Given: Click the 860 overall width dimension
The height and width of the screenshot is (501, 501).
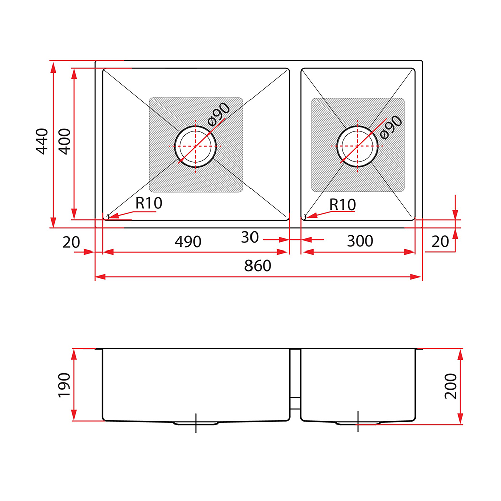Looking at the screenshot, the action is click(x=258, y=266).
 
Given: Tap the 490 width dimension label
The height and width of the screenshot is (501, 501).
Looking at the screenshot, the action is click(x=188, y=242).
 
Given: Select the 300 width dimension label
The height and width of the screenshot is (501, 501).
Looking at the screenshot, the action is click(x=360, y=241).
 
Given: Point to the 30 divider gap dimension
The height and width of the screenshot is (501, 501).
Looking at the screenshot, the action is click(x=250, y=237).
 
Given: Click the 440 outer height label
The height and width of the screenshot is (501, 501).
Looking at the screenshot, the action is click(x=42, y=142).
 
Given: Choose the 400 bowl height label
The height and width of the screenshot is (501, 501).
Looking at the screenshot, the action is click(x=65, y=142).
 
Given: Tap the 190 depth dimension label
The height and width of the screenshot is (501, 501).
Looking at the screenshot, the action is click(x=64, y=385).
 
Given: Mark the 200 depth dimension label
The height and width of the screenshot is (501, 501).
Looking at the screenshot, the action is click(x=451, y=386).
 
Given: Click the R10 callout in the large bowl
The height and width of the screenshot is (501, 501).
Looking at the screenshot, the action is click(x=149, y=203).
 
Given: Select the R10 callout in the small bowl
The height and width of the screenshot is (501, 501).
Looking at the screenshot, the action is click(x=342, y=205).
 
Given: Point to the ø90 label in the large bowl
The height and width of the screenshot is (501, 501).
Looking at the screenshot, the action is click(x=219, y=114).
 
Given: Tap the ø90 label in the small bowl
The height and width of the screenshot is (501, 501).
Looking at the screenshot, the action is click(x=391, y=127).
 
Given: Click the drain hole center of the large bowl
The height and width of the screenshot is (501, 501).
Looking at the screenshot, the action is click(x=195, y=146).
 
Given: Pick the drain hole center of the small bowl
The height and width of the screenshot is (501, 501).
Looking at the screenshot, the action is click(x=357, y=146).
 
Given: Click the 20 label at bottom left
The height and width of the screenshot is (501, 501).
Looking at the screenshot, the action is click(x=71, y=242).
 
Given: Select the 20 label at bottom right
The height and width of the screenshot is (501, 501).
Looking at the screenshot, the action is click(x=440, y=242).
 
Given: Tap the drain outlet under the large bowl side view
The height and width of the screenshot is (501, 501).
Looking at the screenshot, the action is click(x=196, y=423).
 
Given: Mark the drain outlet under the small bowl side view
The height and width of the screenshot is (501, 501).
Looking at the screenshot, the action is click(x=358, y=423).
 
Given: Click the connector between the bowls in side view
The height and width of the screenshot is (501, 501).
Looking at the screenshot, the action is click(x=295, y=403).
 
